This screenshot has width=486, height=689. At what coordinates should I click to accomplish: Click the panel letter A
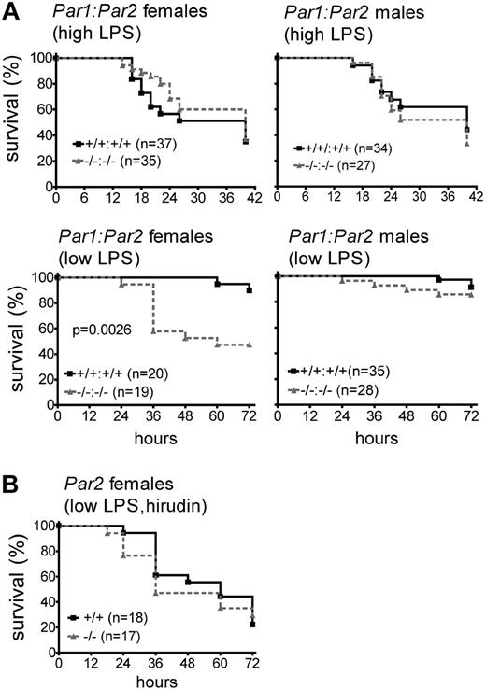11,13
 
